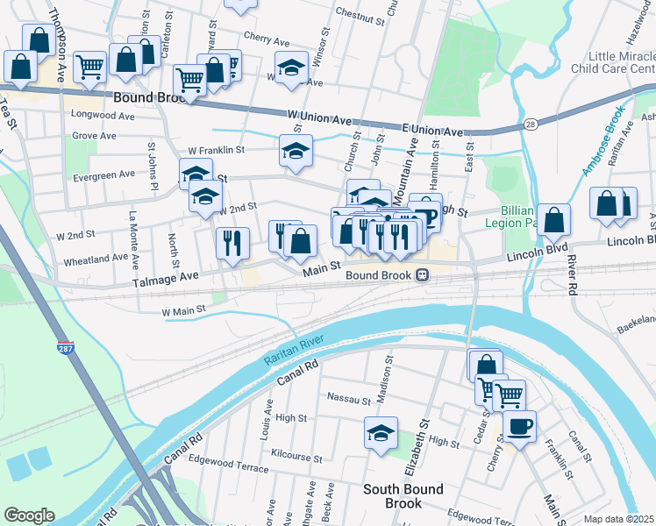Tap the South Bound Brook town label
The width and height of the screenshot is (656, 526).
pos(403,496)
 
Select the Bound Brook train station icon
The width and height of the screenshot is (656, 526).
pos(422,275)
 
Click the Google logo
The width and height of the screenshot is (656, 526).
pos(29,515)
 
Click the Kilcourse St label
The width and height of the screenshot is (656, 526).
pos(297,458)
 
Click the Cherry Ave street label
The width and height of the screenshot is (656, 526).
pos(267,40)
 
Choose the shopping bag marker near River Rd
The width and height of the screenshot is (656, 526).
pos(554,223)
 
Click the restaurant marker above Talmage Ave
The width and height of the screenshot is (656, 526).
pos(232,245)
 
